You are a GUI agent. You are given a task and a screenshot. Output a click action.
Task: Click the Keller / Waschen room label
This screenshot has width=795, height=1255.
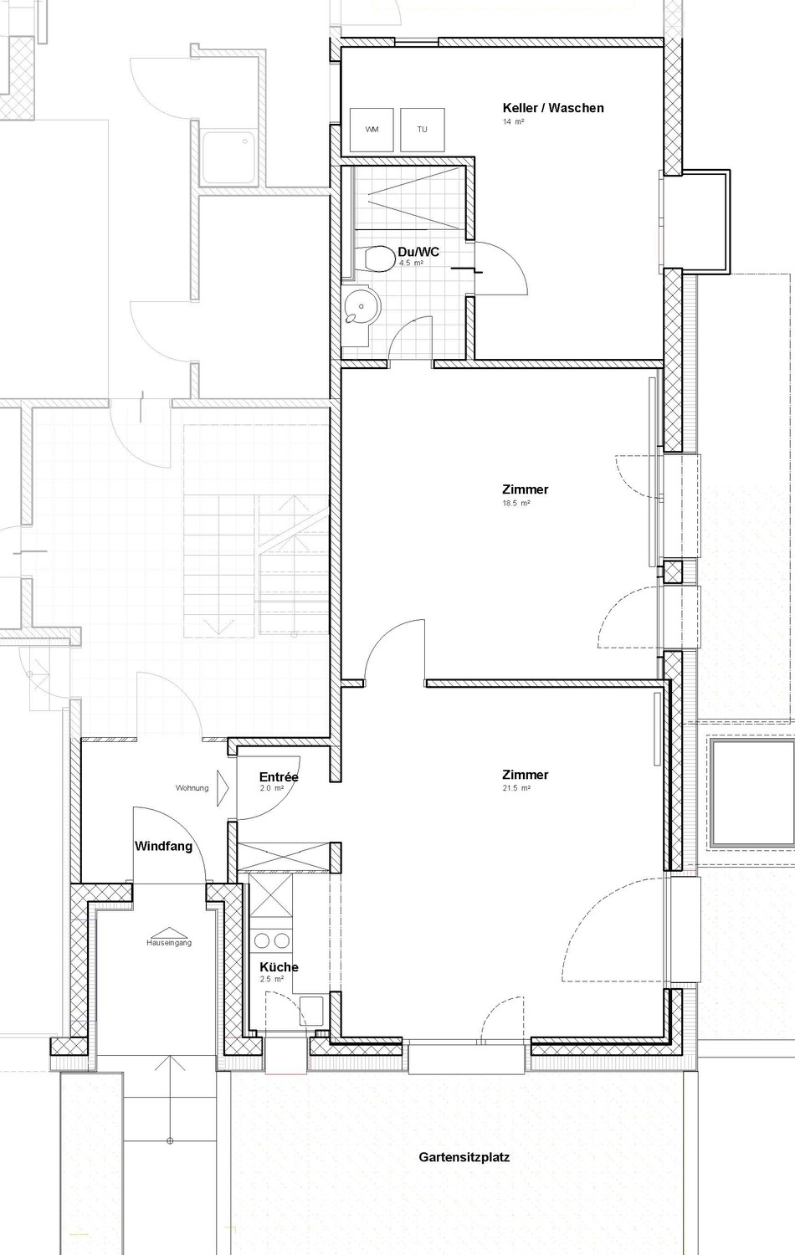tap(553, 108)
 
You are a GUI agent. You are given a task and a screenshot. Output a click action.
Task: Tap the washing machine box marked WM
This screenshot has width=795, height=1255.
tap(372, 130)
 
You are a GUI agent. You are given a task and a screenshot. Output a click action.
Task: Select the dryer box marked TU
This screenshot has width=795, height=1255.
tap(423, 130)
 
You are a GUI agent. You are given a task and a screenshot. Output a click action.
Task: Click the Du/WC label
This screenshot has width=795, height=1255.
tap(418, 252)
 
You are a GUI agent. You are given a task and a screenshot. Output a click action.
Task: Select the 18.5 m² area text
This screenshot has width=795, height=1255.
tap(516, 503)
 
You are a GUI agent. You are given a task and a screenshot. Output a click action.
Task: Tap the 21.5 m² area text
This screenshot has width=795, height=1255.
tap(516, 788)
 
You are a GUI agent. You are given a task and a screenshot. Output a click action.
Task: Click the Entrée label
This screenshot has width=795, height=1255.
tap(279, 777)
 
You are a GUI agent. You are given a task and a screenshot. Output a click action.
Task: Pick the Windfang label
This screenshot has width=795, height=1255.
tap(163, 846)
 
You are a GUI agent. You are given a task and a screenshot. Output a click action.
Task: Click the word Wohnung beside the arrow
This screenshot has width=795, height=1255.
tap(192, 788)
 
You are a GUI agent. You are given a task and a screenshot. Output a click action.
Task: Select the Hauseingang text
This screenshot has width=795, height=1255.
tap(169, 942)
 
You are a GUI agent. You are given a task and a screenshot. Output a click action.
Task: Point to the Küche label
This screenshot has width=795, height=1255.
tap(279, 967)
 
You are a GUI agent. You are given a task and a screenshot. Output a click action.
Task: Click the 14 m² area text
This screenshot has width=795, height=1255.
tap(513, 121)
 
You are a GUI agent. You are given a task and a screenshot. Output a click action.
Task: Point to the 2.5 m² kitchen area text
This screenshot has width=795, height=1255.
tap(272, 979)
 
